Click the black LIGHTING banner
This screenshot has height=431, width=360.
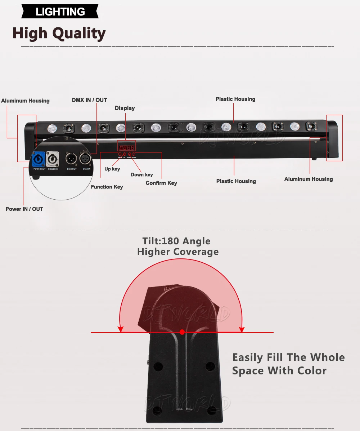pyautogui.click(x=60, y=12)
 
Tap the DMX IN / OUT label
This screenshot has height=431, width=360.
pyautogui.click(x=89, y=100)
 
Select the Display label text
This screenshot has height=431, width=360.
pyautogui.click(x=125, y=108)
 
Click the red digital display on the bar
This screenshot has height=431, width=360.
pyautogui.click(x=127, y=148)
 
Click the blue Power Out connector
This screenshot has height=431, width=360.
pyautogui.click(x=39, y=159)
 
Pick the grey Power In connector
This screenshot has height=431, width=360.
pyautogui.click(x=53, y=159)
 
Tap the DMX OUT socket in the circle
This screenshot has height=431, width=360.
pyautogui.click(x=71, y=159)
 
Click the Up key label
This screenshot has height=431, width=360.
pyautogui.click(x=112, y=169)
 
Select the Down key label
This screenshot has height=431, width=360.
pyautogui.click(x=141, y=175)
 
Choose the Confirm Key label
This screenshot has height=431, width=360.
pyautogui.click(x=161, y=183)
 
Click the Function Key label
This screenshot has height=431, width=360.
pyautogui.click(x=107, y=187)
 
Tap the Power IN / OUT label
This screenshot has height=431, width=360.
pyautogui.click(x=24, y=209)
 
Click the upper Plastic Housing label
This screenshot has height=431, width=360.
pyautogui.click(x=235, y=99)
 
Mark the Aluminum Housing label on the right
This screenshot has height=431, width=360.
pyautogui.click(x=309, y=179)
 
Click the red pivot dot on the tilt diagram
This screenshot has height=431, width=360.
pyautogui.click(x=182, y=332)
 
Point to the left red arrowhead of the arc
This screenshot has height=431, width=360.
pyautogui.click(x=121, y=329)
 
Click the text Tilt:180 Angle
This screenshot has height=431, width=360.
pyautogui.click(x=176, y=241)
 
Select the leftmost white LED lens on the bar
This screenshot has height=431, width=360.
pyautogui.click(x=53, y=128)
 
